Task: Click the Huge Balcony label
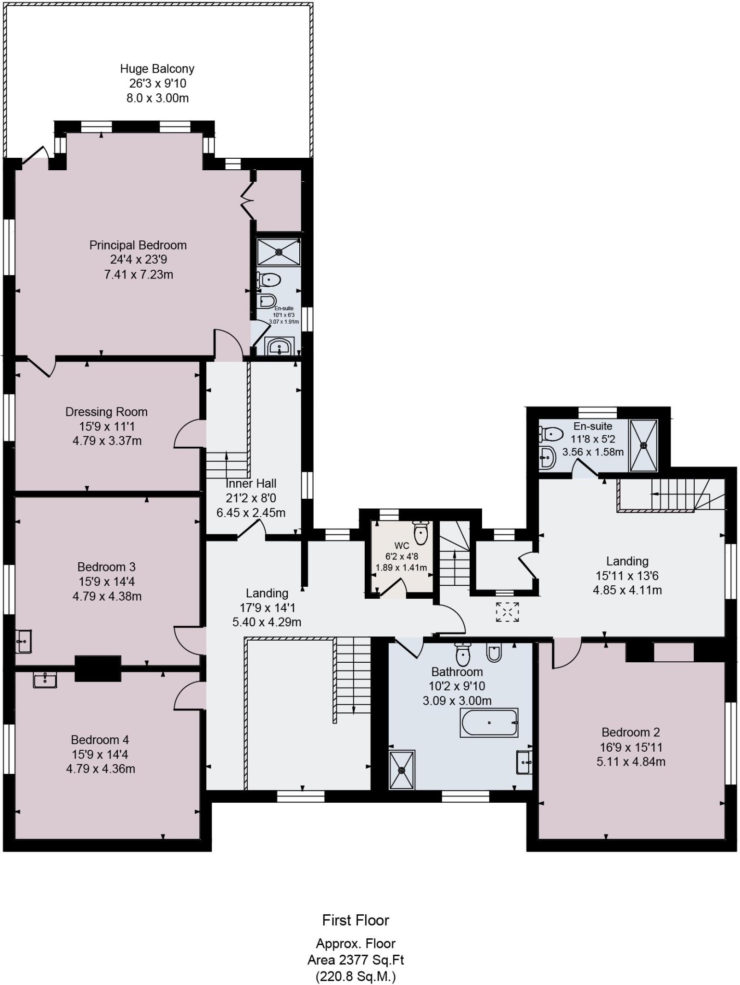point(157,69)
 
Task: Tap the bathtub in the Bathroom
point(489,722)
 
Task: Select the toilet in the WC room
point(421,532)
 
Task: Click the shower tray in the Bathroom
point(401,770)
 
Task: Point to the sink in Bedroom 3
point(23,641)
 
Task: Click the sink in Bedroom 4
point(45,680)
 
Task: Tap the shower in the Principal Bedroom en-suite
point(279,252)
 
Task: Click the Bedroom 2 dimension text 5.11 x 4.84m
point(631,762)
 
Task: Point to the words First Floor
point(356,920)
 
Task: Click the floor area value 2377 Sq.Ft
point(371,960)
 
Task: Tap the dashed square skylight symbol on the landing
point(507,612)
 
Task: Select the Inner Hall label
point(251,483)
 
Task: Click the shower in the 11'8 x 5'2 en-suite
point(643,445)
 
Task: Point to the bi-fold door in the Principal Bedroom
point(247,199)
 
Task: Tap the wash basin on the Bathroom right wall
point(524,762)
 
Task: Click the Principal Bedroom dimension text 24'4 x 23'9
point(139,260)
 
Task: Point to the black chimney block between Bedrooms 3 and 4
point(98,669)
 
